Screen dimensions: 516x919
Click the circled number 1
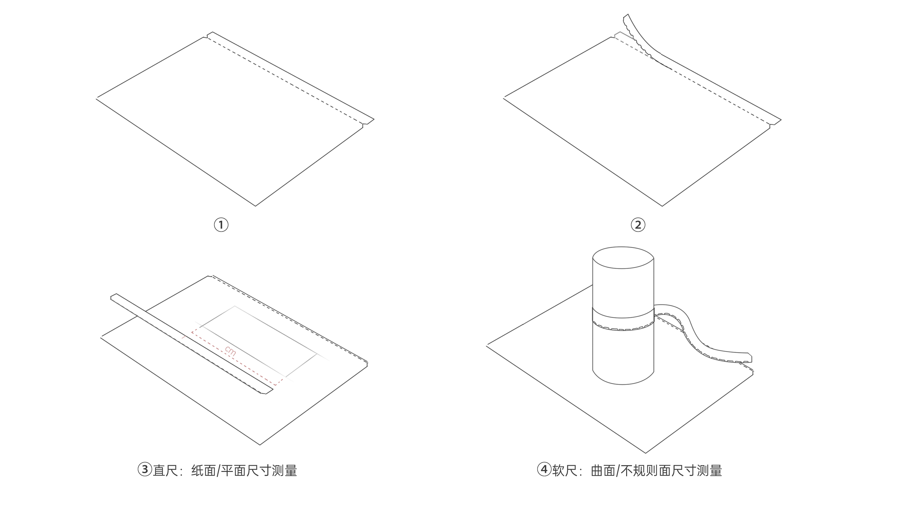tap(221, 225)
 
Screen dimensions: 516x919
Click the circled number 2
tap(638, 225)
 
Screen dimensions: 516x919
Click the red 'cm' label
tap(230, 351)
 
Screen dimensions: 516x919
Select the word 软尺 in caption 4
tap(565, 471)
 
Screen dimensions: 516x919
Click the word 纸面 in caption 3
tap(204, 471)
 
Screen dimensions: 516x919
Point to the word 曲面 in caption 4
tap(603, 471)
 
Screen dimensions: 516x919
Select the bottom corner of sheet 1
tap(255, 205)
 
